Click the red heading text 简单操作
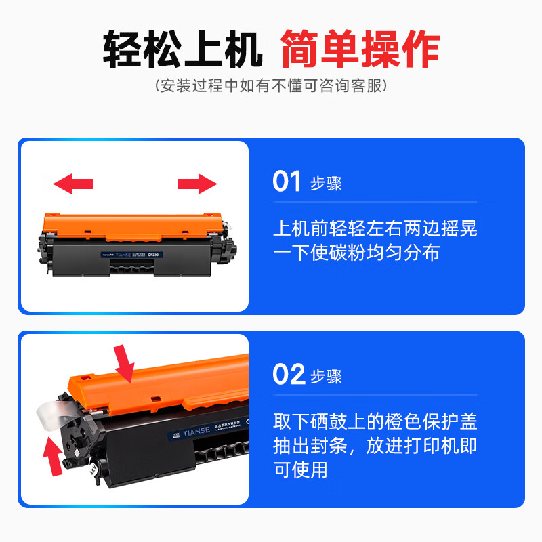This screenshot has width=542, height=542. pyautogui.click(x=360, y=48)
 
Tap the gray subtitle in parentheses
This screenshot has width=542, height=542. pyautogui.click(x=271, y=86)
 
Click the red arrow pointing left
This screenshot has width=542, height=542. pyautogui.click(x=73, y=183)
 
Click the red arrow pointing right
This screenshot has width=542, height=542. pyautogui.click(x=197, y=183)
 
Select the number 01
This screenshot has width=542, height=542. pyautogui.click(x=287, y=182)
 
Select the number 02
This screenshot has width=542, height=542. pyautogui.click(x=287, y=375)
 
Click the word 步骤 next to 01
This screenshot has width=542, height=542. pyautogui.click(x=326, y=184)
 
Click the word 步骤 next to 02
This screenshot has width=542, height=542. pyautogui.click(x=326, y=376)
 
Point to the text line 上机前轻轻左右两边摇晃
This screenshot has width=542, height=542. pyautogui.click(x=375, y=228)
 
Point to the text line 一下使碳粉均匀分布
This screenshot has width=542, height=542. pyautogui.click(x=356, y=253)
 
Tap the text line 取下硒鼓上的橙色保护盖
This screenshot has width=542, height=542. pyautogui.click(x=375, y=421)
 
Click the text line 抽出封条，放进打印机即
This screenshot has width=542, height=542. pyautogui.click(x=375, y=445)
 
